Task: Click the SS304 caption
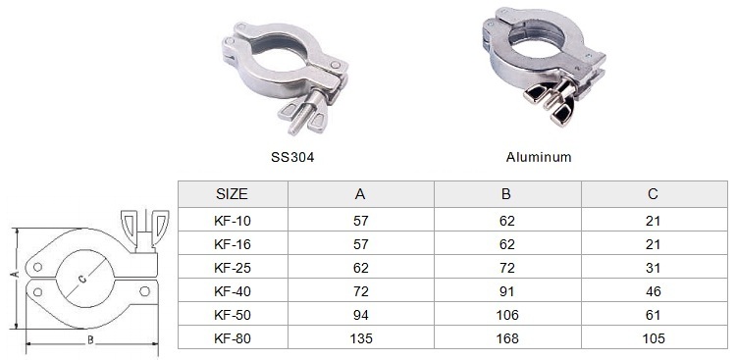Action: (292, 157)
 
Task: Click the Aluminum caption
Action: (539, 157)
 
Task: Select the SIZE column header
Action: (232, 194)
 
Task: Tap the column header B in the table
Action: (506, 194)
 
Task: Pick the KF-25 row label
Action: (233, 268)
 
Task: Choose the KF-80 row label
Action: (233, 338)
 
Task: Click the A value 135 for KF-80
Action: (361, 338)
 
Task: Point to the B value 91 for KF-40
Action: (507, 291)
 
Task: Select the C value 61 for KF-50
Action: (653, 315)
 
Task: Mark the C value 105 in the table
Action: (653, 338)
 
